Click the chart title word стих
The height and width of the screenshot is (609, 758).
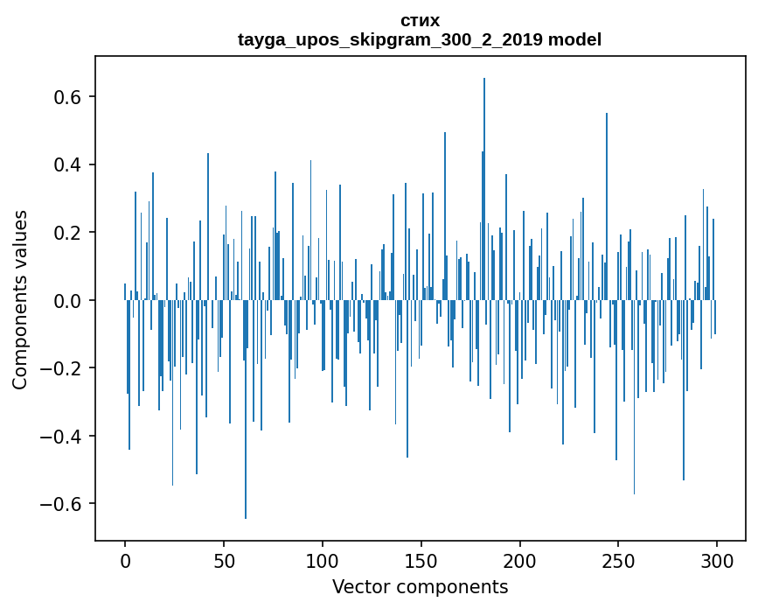(420, 20)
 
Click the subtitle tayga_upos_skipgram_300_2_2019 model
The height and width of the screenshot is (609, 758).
(420, 39)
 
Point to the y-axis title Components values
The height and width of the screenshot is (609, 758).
(20, 299)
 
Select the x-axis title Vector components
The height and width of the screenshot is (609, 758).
(420, 586)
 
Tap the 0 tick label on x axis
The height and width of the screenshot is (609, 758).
(125, 561)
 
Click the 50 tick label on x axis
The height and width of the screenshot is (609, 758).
(224, 561)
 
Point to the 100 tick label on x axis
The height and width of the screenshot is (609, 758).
(323, 561)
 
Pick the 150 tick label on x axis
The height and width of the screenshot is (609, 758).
(421, 561)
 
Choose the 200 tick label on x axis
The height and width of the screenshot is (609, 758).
(520, 561)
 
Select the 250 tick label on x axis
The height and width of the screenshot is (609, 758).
(619, 561)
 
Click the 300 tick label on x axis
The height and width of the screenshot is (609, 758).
(718, 561)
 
